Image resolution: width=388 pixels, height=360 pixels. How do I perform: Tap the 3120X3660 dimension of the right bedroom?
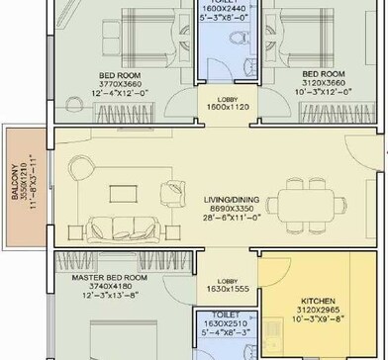324,84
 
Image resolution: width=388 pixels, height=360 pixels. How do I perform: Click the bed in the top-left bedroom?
134,40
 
